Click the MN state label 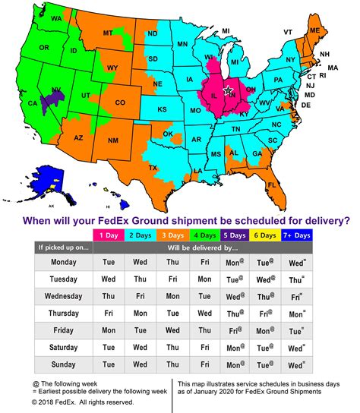tap(182, 44)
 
